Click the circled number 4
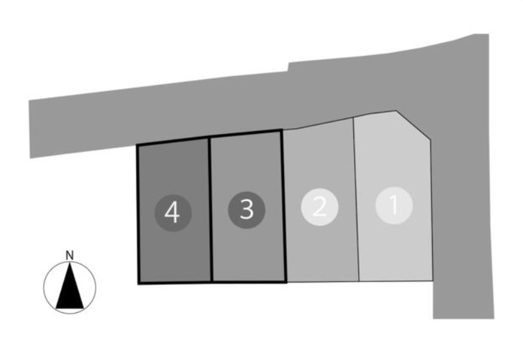click(173, 213)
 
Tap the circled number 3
click(247, 210)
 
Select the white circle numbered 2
click(320, 207)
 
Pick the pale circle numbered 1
click(394, 205)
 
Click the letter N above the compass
click(69, 256)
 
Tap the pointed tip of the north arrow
click(70, 262)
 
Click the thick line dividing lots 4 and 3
click(210, 210)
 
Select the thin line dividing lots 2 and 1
click(356, 199)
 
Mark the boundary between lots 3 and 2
click(284, 207)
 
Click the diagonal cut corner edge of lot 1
click(413, 125)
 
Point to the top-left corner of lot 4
click(137, 145)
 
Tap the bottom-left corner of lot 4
click(139, 283)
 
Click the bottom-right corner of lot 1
click(432, 280)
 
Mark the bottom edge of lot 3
click(249, 282)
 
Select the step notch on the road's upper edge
click(289, 67)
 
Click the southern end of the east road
click(464, 318)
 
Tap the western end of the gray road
click(30, 129)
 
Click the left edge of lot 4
click(138, 214)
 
